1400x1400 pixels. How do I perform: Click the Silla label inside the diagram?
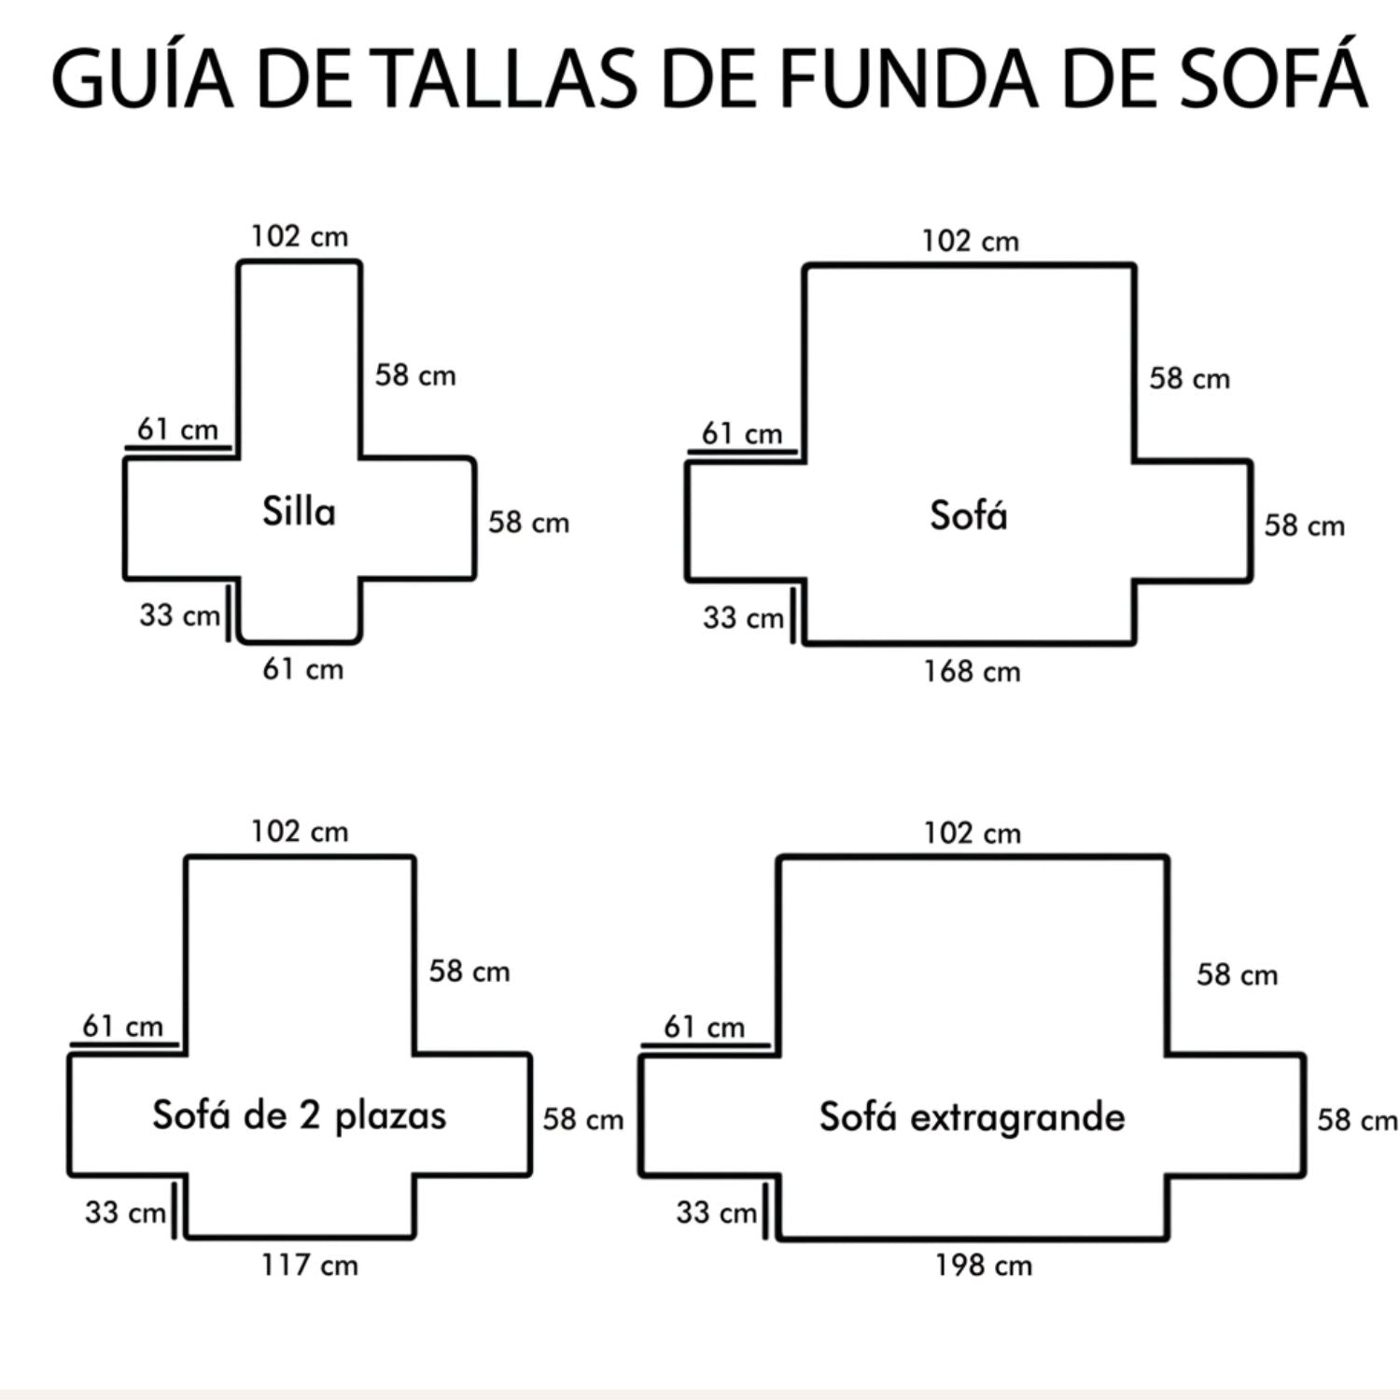click(x=299, y=511)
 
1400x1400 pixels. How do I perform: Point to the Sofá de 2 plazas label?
click(x=299, y=1115)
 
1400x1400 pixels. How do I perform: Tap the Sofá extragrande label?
click(x=973, y=1117)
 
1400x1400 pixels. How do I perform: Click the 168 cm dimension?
click(x=972, y=671)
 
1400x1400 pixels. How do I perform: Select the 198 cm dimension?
click(x=984, y=1266)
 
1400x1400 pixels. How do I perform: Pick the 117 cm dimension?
click(x=309, y=1266)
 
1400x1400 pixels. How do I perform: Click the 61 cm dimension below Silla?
click(x=302, y=669)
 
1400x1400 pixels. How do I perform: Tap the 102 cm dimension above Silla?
click(x=299, y=236)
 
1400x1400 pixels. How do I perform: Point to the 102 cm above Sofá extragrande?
click(x=973, y=833)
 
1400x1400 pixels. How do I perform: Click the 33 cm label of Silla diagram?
click(x=179, y=615)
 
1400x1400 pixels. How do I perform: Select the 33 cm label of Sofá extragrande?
click(x=716, y=1212)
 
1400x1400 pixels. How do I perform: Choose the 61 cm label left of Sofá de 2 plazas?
click(x=122, y=1027)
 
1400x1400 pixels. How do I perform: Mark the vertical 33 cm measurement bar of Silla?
click(x=229, y=610)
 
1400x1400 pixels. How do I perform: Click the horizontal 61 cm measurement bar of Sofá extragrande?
click(x=707, y=1046)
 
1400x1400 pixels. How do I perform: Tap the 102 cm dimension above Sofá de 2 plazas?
click(x=299, y=831)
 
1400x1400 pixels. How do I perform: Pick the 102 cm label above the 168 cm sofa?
click(x=971, y=241)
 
